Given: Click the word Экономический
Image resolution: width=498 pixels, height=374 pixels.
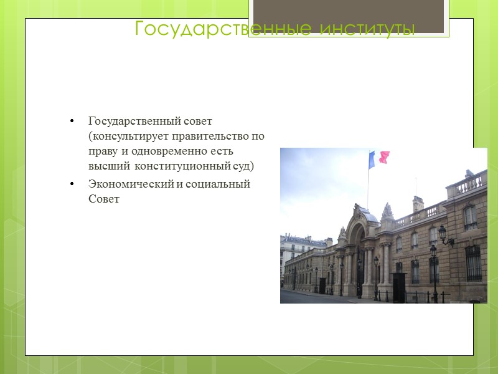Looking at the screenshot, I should pos(129,184).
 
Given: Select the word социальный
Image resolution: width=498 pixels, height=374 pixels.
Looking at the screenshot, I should pos(218,184).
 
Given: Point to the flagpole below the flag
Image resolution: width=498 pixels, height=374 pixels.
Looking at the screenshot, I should pos(367,187).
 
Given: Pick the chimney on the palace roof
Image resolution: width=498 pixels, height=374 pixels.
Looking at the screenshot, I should pos(418,204).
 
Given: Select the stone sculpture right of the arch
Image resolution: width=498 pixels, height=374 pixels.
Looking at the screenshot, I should pos(387,212).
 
